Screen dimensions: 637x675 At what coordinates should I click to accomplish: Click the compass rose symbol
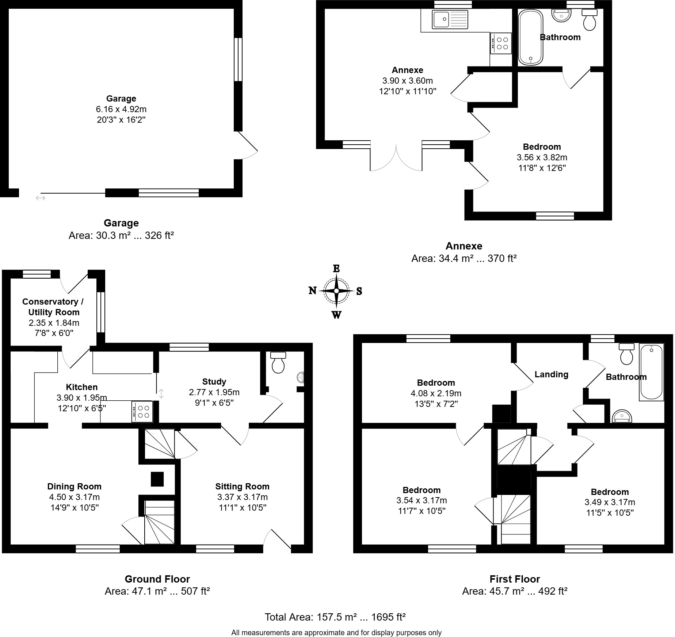pyautogui.click(x=336, y=291)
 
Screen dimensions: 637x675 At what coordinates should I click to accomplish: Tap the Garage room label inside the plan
pyautogui.click(x=121, y=99)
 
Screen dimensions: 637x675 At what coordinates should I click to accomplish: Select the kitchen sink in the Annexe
pyautogui.click(x=450, y=19)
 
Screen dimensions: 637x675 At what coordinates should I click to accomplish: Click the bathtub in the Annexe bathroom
pyautogui.click(x=530, y=37)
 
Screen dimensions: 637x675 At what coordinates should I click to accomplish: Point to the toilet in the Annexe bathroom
pyautogui.click(x=589, y=20)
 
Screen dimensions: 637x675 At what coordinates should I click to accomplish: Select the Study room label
pyautogui.click(x=214, y=382)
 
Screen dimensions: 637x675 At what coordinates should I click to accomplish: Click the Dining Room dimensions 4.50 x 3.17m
pyautogui.click(x=74, y=497)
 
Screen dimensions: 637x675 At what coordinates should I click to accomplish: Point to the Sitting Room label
pyautogui.click(x=242, y=487)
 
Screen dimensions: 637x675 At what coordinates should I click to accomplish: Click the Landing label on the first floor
pyautogui.click(x=551, y=374)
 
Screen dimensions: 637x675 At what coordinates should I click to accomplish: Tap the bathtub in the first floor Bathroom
pyautogui.click(x=651, y=372)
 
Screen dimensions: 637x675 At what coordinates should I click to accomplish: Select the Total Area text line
pyautogui.click(x=335, y=617)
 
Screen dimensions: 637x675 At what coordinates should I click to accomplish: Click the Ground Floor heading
pyautogui.click(x=157, y=579)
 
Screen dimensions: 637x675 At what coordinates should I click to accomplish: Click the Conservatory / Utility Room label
pyautogui.click(x=53, y=307)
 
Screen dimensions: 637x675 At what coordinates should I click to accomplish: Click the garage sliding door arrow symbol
pyautogui.click(x=40, y=198)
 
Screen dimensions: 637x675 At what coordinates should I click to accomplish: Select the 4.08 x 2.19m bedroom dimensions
pyautogui.click(x=436, y=393)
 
